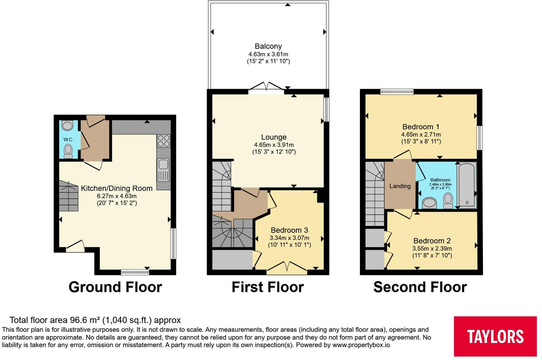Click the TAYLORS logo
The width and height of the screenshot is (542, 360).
[495, 336]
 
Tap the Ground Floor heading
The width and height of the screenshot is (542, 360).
[115, 287]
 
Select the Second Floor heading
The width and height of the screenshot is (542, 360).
[420, 287]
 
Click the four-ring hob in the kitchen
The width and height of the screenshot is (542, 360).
[163, 141]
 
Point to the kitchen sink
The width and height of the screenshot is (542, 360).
[163, 170]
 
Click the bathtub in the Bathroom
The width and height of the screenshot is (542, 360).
[467, 185]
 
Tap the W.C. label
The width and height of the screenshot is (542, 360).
[68, 140]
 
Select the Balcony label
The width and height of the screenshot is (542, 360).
[268, 46]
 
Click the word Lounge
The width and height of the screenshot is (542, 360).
[274, 137]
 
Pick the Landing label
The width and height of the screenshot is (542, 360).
[400, 186]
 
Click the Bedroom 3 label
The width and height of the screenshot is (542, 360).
[289, 230]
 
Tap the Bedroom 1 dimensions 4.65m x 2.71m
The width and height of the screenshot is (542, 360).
[421, 135]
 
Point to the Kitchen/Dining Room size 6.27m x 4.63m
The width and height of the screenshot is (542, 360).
[116, 196]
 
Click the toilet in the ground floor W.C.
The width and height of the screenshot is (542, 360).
[68, 151]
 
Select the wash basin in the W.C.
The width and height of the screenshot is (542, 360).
[67, 126]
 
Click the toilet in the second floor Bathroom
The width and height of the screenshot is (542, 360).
[448, 200]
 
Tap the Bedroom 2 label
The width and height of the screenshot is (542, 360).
[432, 241]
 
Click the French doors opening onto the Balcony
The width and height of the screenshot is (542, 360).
[267, 87]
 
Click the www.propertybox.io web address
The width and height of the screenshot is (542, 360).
[361, 345]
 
